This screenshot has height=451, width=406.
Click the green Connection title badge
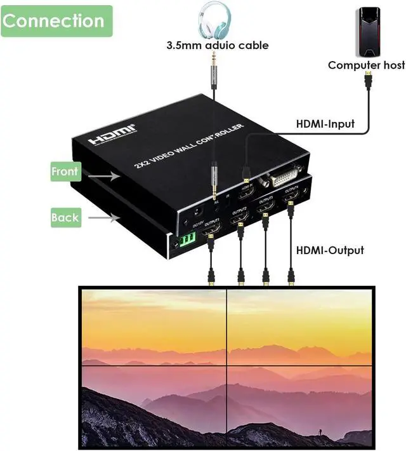(x=56, y=20)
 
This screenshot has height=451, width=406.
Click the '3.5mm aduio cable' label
(x=218, y=45)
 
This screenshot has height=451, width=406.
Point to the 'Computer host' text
(x=366, y=65)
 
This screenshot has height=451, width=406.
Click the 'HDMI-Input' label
(x=325, y=124)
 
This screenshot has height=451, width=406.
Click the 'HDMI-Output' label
(x=330, y=250)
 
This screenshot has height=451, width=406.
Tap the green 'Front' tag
(x=65, y=171)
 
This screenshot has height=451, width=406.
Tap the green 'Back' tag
(x=65, y=217)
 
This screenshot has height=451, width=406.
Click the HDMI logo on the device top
(x=112, y=135)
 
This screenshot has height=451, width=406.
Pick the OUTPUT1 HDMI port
(x=211, y=234)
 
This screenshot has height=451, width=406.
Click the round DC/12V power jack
(x=196, y=215)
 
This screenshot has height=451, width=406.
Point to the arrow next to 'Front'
(x=101, y=173)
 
